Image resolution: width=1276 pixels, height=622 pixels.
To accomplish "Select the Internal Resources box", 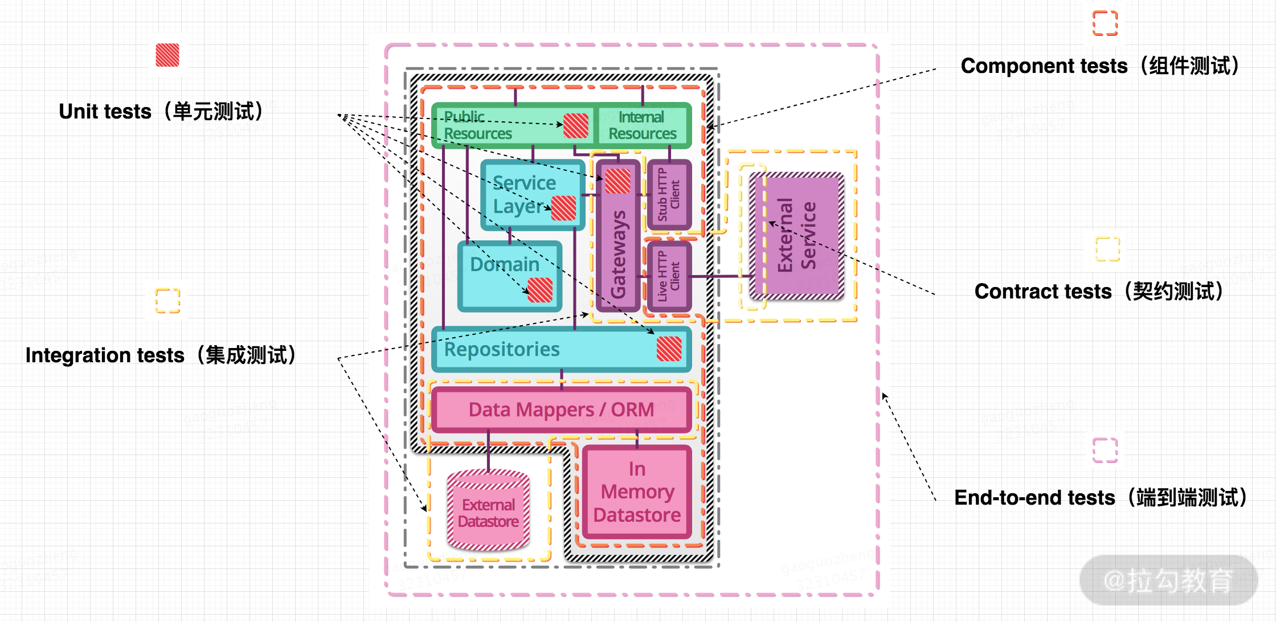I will point(642,125).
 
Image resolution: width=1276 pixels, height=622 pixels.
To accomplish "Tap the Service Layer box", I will point(524,194).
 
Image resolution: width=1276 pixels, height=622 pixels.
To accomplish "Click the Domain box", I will point(504,276).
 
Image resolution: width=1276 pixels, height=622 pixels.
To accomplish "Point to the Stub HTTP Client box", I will point(669,195).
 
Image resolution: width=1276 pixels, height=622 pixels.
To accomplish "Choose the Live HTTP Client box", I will point(669,276).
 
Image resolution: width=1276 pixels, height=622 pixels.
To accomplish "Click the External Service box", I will point(797,235).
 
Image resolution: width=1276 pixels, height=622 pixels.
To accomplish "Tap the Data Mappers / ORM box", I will point(561,410).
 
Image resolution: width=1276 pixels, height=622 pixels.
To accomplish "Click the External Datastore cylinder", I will point(488,510).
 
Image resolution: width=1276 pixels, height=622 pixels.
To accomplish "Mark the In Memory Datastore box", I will point(637,492).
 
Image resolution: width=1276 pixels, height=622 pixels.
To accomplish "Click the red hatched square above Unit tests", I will point(167,55).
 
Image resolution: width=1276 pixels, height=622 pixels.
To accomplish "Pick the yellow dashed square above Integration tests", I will point(167,300).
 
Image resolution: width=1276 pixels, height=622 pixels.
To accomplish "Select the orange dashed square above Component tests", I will point(1105,23).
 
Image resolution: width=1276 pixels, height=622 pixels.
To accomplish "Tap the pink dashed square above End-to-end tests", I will point(1105,450).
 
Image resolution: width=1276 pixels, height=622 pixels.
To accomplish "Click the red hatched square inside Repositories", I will point(669,349).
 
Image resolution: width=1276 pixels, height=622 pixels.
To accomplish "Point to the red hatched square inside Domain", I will point(540,290).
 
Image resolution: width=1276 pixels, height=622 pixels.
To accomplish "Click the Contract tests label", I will point(1099,291).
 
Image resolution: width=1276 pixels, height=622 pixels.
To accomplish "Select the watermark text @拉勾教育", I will point(1168,580).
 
